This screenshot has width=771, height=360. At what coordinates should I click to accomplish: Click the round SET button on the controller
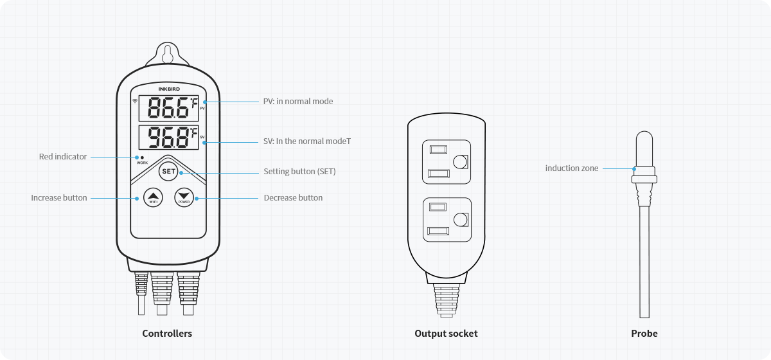168,172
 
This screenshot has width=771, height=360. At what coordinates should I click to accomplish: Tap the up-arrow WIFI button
153,197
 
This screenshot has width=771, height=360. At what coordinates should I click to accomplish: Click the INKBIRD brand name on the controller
167,91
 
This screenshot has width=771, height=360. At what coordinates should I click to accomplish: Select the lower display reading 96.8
169,138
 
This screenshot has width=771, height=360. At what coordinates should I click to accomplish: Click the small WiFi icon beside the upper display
135,101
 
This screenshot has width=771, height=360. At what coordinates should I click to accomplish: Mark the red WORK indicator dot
141,157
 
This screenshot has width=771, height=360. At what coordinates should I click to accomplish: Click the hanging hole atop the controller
167,53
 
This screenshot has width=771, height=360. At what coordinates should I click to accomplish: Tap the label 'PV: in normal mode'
298,101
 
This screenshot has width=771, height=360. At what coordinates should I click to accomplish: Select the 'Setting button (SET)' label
299,172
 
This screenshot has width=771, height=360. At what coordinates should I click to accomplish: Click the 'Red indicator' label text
63,156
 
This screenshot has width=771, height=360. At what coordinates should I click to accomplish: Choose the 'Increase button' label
59,197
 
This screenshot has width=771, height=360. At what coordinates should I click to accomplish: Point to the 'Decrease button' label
293,197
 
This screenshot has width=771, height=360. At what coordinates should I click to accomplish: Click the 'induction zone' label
572,168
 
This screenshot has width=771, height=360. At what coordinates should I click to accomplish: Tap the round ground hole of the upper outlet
460,161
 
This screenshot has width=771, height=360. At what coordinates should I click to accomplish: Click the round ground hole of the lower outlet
460,221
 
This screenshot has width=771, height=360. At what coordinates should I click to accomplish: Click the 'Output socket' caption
446,333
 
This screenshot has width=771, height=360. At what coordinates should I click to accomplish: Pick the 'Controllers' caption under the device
167,333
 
